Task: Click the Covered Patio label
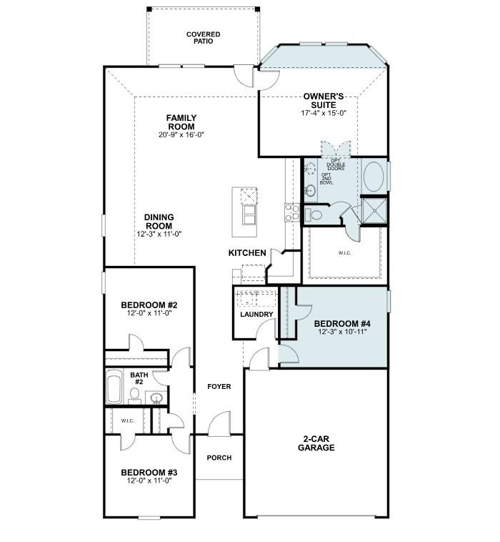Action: point(203,38)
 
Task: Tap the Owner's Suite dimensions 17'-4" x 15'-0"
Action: point(324,113)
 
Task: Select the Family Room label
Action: point(181,122)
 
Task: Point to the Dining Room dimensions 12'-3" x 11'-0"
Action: point(159,234)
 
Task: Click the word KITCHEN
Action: point(247,253)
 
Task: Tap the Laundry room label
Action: point(256,314)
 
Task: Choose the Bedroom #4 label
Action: point(342,324)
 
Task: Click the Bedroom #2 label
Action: point(149,305)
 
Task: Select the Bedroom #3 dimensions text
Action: point(149,481)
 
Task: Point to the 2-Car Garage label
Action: point(316,443)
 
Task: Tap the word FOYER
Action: point(219,386)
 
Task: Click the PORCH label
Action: point(219,458)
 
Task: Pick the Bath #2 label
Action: point(139,378)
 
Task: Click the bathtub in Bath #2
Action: point(114,386)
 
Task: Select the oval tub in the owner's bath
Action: point(374,177)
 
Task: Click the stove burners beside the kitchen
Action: point(292,212)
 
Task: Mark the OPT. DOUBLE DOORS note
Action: point(336,164)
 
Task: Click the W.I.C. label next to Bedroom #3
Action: point(127,420)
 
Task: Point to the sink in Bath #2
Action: point(157,398)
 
